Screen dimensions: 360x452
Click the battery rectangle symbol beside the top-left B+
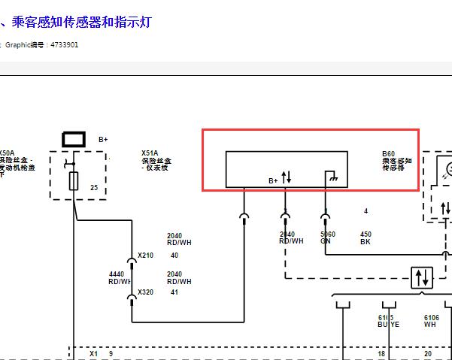(74, 139)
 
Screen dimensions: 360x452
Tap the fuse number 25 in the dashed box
(94, 187)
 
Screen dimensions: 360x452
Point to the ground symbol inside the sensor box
(329, 177)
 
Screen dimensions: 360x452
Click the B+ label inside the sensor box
(274, 180)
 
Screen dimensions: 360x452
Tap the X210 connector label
(145, 256)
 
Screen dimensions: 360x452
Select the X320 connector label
(145, 292)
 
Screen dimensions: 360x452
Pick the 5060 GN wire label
(327, 237)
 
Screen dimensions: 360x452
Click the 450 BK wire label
(366, 237)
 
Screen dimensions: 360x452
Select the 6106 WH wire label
(431, 321)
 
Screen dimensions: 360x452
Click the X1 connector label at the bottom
(94, 352)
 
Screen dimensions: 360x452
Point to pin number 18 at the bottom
(381, 352)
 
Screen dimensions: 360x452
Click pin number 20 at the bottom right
(428, 352)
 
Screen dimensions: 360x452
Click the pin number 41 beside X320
(174, 292)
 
